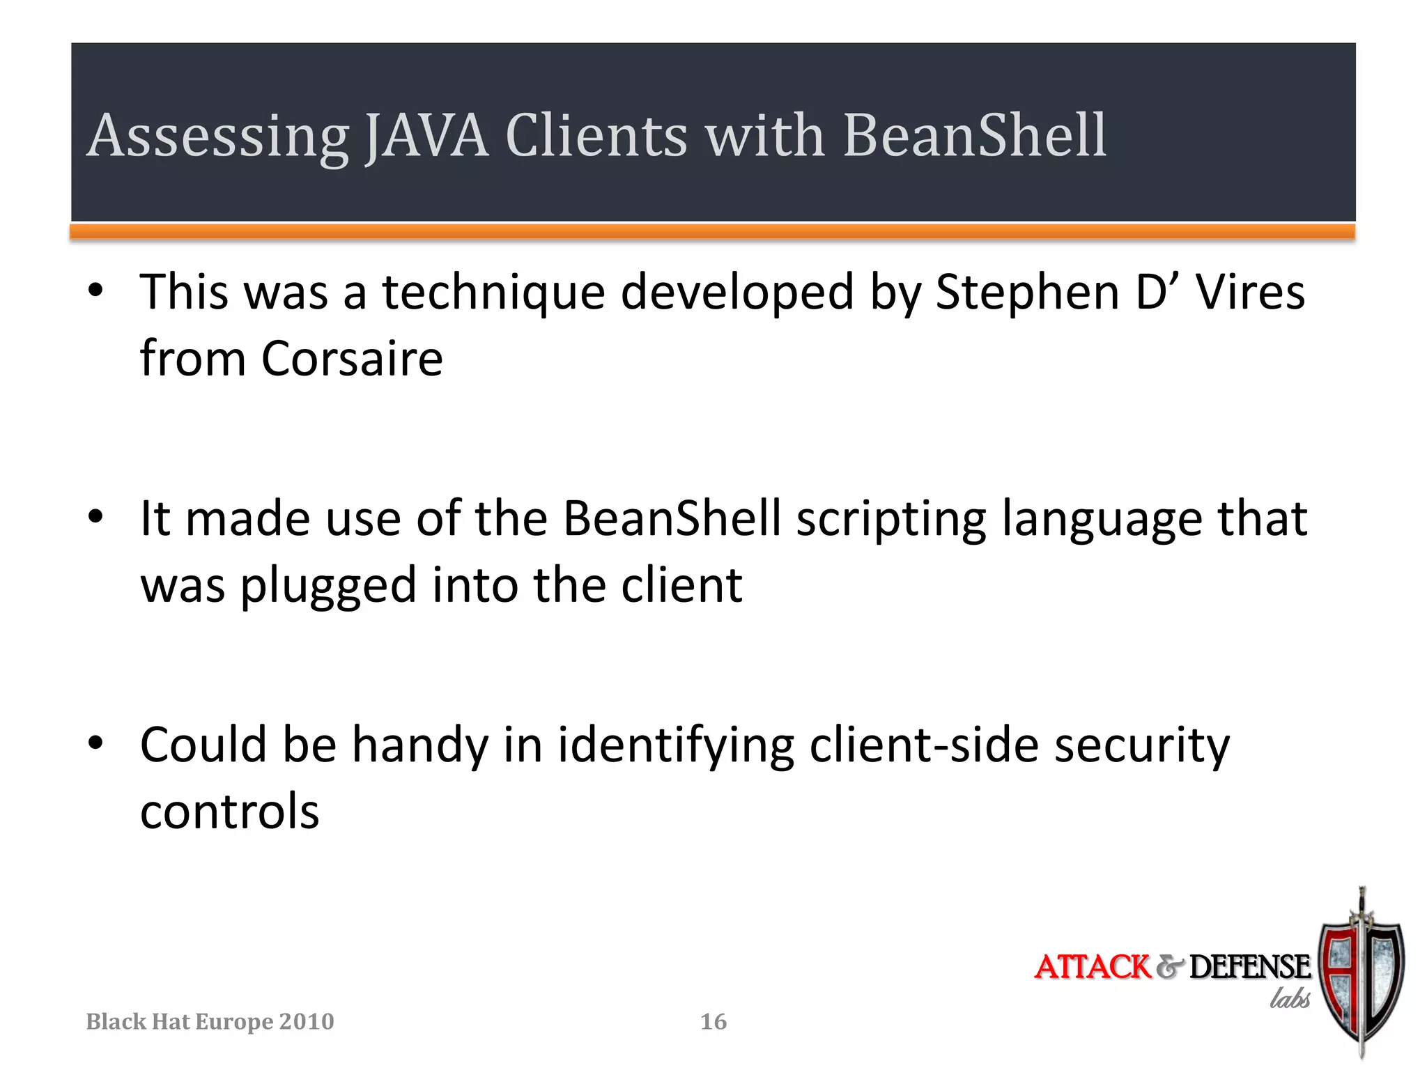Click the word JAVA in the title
[x=426, y=135]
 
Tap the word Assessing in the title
[x=217, y=137]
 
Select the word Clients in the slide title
[x=596, y=135]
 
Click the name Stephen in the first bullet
[x=1026, y=292]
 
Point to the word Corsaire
[x=352, y=359]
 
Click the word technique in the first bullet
[x=493, y=293]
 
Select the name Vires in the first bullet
[x=1250, y=292]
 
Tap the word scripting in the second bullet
[x=891, y=520]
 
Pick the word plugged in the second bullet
[x=328, y=587]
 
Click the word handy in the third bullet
[x=420, y=746]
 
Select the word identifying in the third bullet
[x=675, y=746]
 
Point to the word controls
[x=229, y=812]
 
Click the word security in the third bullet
[x=1141, y=746]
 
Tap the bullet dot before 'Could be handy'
[x=95, y=743]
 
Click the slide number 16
[x=713, y=1022]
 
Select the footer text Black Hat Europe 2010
[x=210, y=1022]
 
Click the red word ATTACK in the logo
[x=1092, y=967]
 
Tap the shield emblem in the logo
[x=1361, y=975]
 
